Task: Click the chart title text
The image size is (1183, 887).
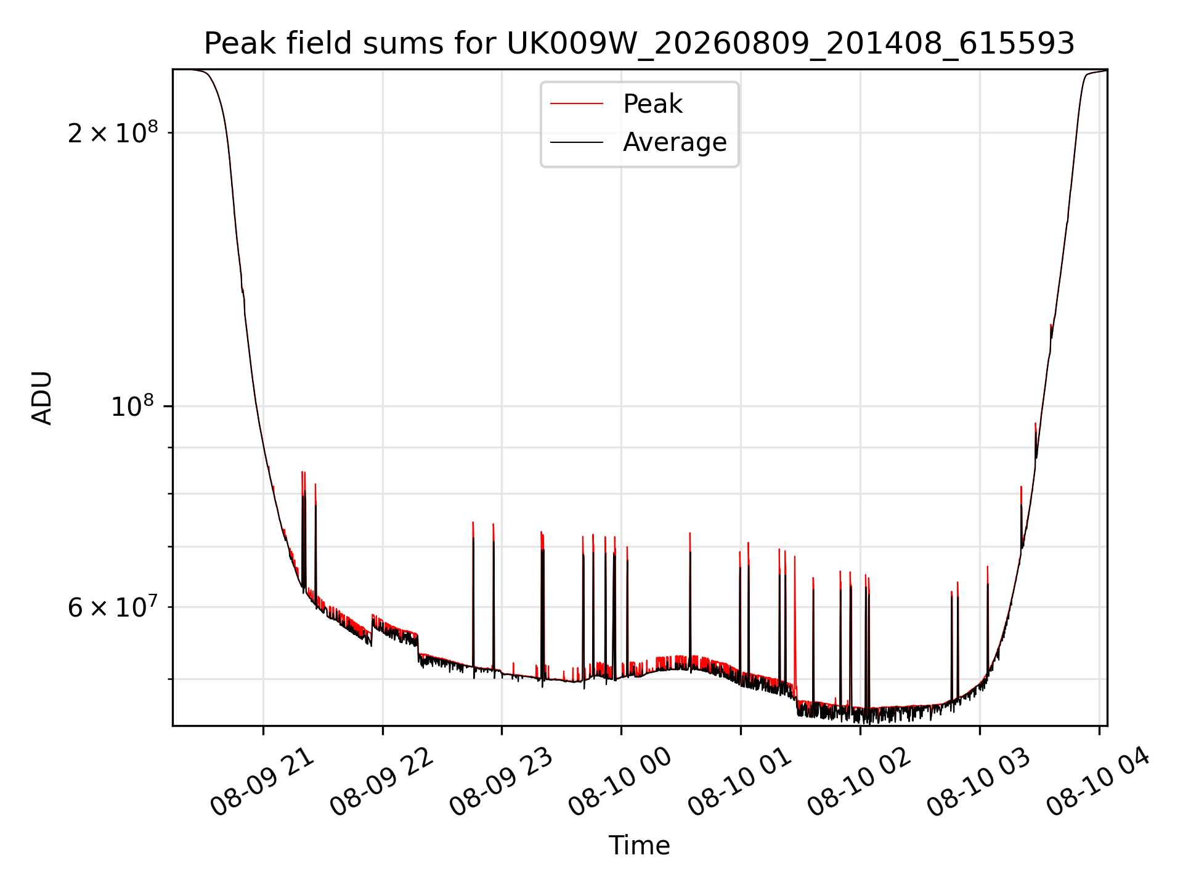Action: click(639, 44)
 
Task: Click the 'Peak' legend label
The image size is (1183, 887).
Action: click(652, 104)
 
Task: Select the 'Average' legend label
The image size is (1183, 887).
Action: click(675, 142)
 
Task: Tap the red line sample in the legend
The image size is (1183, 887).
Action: click(577, 104)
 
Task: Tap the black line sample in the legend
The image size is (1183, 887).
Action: click(577, 142)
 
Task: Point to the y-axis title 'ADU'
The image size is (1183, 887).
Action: click(42, 398)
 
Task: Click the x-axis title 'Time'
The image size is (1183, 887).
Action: click(639, 846)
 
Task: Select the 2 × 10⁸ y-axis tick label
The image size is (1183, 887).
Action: click(113, 132)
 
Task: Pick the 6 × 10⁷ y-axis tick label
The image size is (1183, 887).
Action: click(113, 607)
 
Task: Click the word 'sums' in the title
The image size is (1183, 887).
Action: click(404, 44)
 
